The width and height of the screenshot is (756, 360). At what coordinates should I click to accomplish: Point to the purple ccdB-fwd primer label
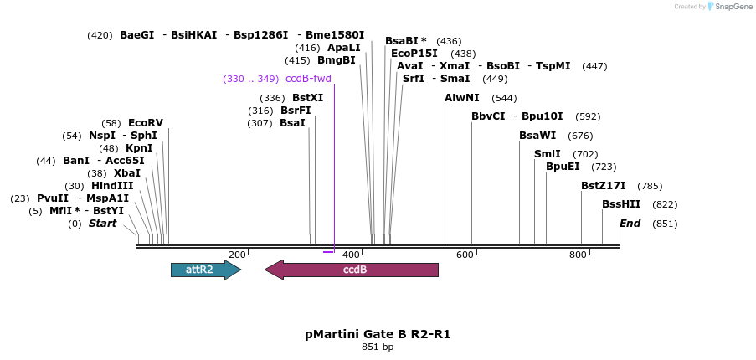pyautogui.click(x=308, y=79)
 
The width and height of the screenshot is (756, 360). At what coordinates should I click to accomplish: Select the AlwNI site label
pyautogui.click(x=462, y=98)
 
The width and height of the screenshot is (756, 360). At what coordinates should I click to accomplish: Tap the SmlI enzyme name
pyautogui.click(x=548, y=154)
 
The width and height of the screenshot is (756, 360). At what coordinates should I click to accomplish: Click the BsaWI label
pyautogui.click(x=537, y=136)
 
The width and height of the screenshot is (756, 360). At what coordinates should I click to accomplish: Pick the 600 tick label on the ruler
pyautogui.click(x=465, y=255)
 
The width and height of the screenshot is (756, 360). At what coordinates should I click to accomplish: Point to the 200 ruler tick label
pyautogui.click(x=237, y=255)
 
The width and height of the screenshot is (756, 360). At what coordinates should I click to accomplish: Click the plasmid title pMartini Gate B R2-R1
pyautogui.click(x=378, y=334)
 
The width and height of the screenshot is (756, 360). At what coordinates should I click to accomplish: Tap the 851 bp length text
pyautogui.click(x=378, y=347)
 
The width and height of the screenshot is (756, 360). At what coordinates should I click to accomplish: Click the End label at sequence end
pyautogui.click(x=630, y=224)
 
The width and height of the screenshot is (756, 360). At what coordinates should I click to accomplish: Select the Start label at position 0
pyautogui.click(x=102, y=224)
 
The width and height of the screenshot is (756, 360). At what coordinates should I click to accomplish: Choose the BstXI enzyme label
pyautogui.click(x=307, y=98)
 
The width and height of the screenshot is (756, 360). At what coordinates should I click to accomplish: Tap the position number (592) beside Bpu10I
pyautogui.click(x=588, y=116)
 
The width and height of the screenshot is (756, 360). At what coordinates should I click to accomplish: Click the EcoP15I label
pyautogui.click(x=414, y=54)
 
